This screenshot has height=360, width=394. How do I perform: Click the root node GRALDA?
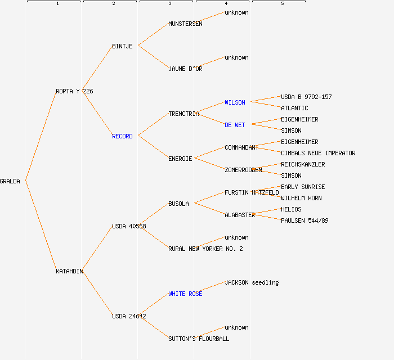(10, 181)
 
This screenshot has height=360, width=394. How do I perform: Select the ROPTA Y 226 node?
(74, 91)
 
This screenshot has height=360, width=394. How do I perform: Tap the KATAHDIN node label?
(69, 271)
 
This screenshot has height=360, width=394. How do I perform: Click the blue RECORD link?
(122, 136)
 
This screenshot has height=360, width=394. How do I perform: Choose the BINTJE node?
(122, 46)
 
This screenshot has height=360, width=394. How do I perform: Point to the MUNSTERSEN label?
(185, 24)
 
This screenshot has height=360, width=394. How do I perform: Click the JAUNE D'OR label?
(185, 69)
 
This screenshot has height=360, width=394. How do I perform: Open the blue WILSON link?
(235, 102)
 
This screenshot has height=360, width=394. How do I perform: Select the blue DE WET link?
(235, 125)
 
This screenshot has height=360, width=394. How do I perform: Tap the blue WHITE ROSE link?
(185, 294)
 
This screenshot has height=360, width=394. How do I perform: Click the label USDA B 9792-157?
(306, 97)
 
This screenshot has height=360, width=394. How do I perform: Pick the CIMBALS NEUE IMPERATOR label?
(318, 153)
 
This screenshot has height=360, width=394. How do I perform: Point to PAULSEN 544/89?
(305, 220)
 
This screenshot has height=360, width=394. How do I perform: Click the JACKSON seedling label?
(252, 282)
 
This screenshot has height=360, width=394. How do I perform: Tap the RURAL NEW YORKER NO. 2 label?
(205, 249)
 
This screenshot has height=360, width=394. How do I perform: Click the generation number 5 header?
(282, 4)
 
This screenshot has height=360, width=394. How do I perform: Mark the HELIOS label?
(291, 209)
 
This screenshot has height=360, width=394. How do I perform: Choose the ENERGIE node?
(180, 159)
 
